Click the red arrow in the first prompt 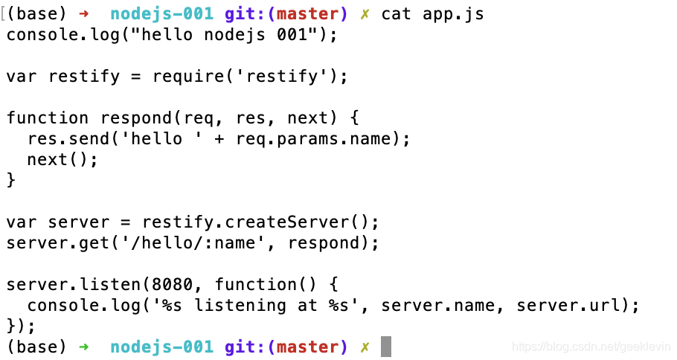83,14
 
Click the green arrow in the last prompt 83,347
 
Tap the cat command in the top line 396,14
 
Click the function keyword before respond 47,118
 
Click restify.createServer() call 260,222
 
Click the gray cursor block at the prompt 385,347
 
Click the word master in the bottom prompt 307,347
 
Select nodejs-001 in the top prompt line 161,14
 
